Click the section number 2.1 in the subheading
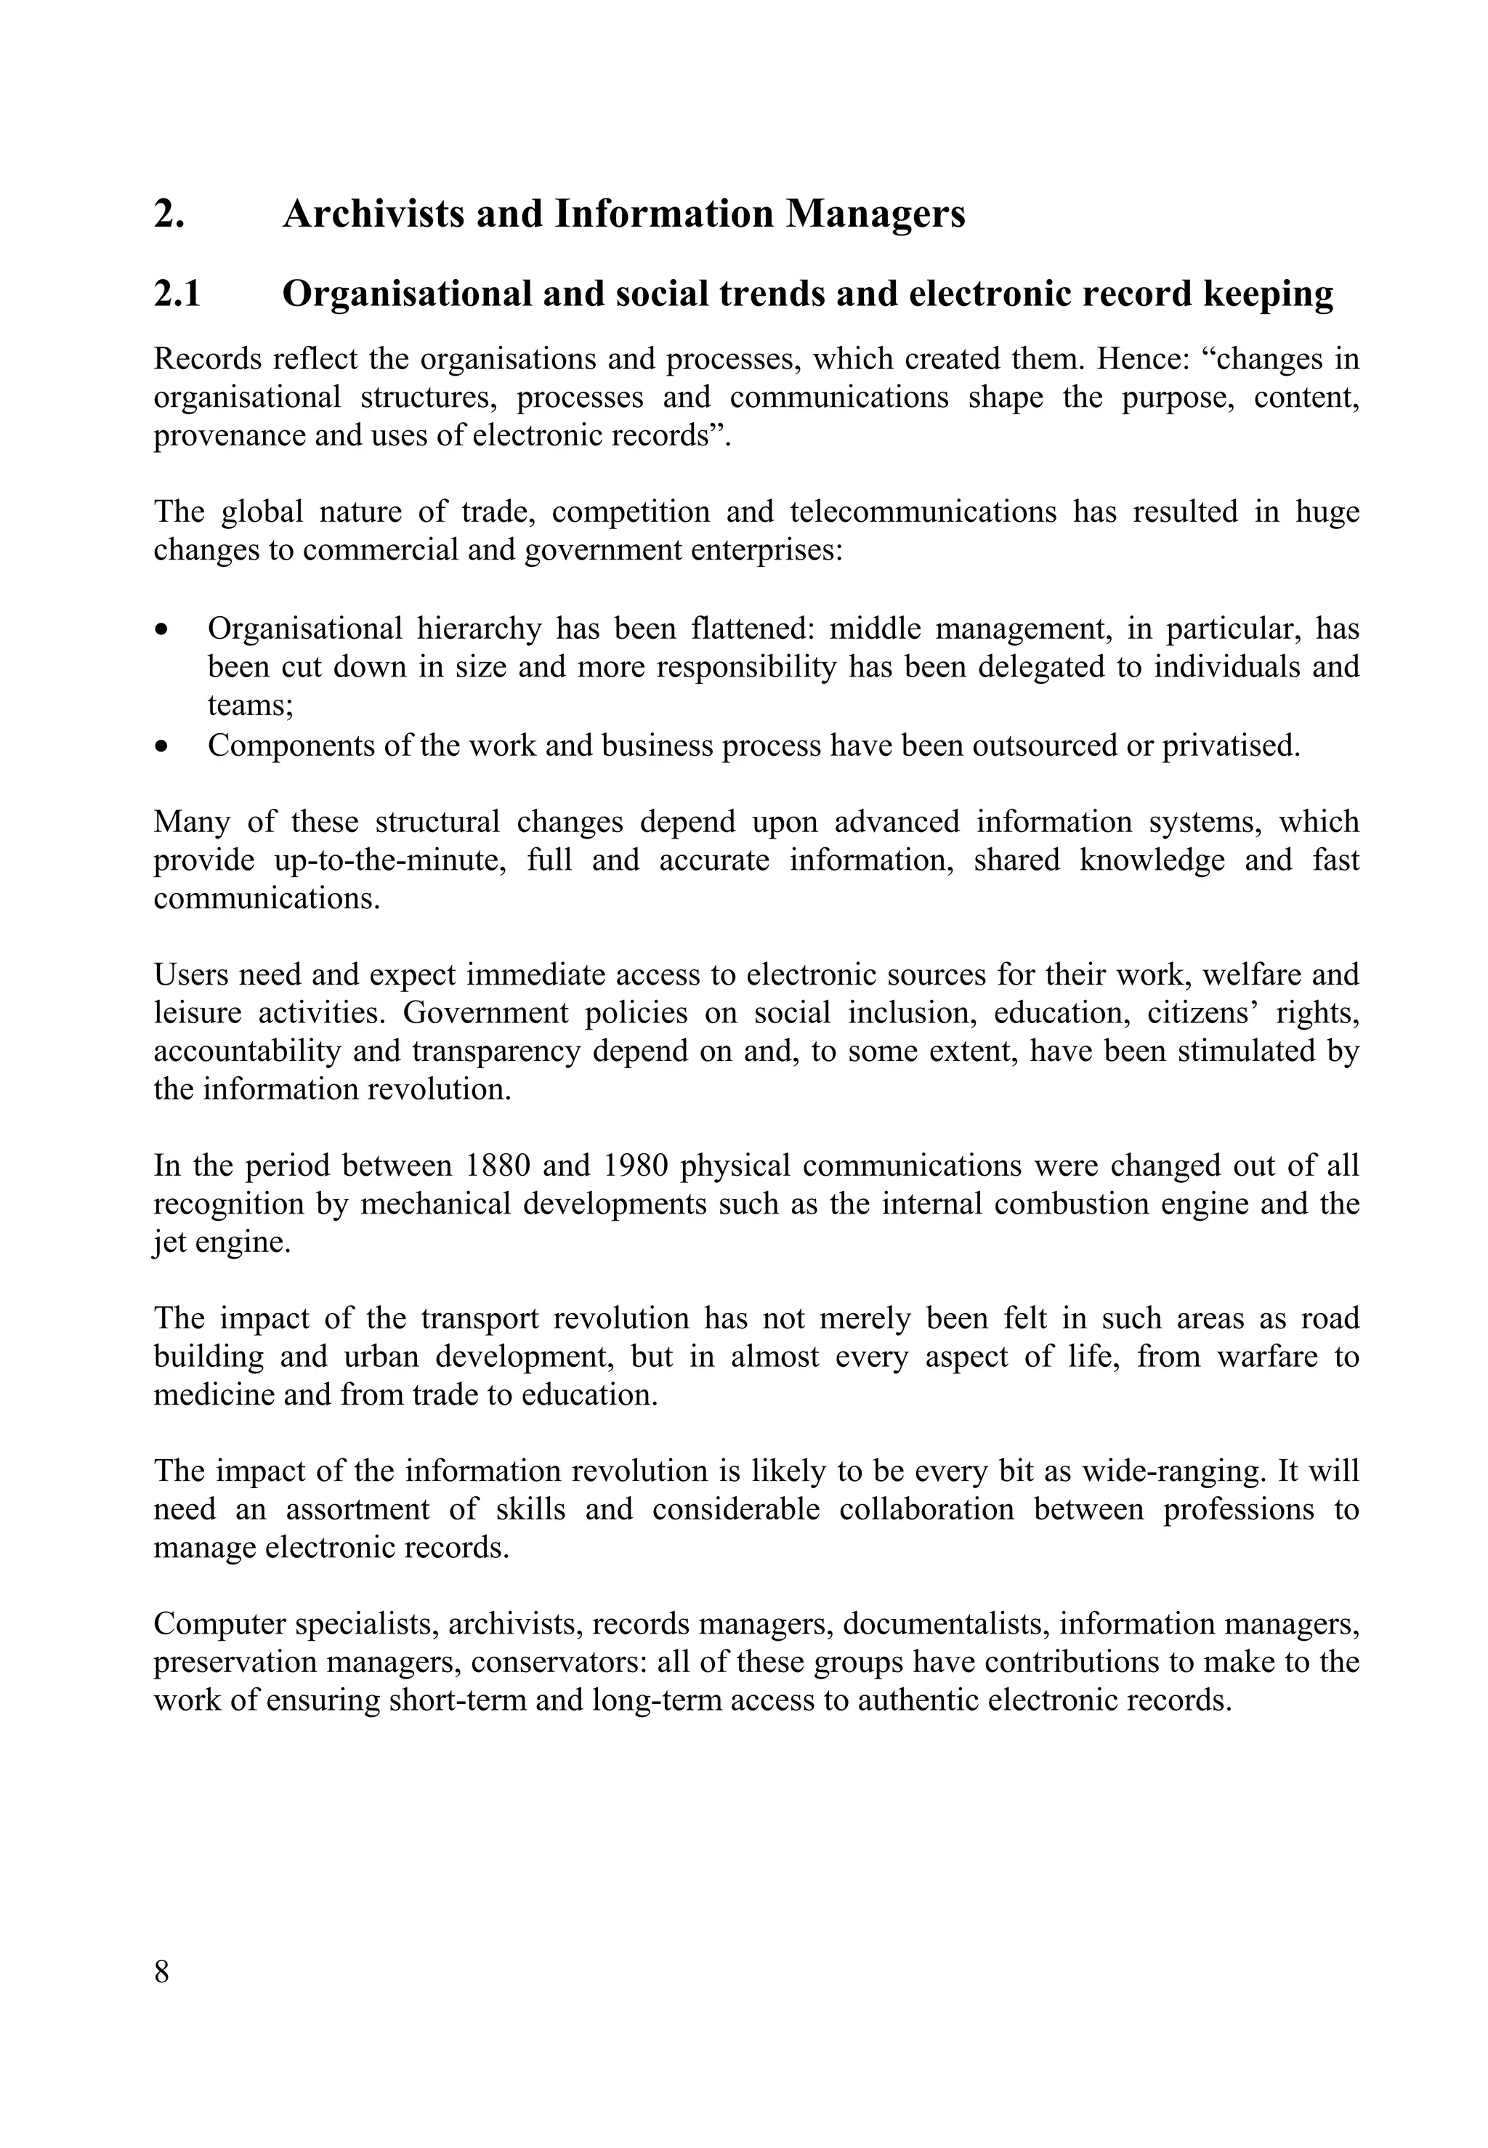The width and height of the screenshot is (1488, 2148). [x=177, y=294]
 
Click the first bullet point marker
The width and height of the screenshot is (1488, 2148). [x=163, y=630]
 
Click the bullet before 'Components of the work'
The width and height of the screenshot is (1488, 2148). [x=163, y=747]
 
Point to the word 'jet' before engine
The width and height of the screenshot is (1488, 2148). [x=169, y=1243]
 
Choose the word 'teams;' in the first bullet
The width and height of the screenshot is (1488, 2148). [x=250, y=706]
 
